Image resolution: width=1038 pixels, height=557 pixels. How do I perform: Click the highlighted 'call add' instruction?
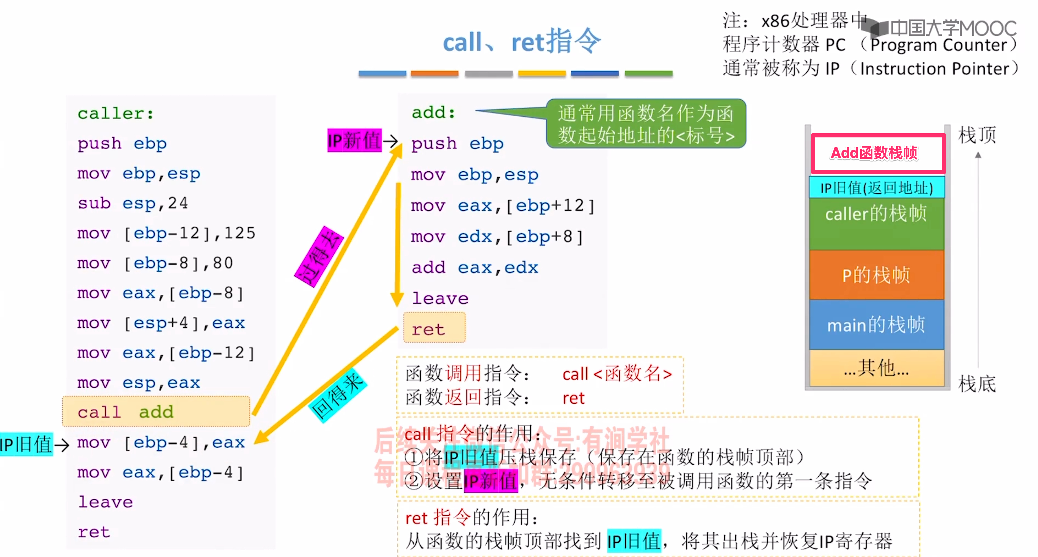pos(155,412)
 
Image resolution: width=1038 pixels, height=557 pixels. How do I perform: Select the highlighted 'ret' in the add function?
pos(434,328)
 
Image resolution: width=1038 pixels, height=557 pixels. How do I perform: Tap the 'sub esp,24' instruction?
pos(133,203)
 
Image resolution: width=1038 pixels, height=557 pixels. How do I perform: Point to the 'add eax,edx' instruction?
pos(474,267)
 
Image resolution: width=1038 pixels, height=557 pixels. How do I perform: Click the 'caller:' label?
pos(115,113)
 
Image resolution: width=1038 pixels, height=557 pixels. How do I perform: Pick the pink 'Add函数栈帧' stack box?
pos(878,153)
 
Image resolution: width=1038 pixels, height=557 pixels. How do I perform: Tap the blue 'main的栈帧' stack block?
pos(876,325)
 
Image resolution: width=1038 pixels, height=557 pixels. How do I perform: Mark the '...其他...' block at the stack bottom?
pos(876,367)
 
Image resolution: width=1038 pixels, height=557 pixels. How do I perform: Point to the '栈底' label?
pos(977,384)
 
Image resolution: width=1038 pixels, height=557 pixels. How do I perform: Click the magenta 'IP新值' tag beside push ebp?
pos(354,140)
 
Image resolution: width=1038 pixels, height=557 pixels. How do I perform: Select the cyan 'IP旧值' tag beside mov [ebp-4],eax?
pos(26,444)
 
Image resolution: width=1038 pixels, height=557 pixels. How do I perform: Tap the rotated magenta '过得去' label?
pos(319,257)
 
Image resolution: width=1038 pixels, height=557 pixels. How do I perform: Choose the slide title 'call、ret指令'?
pos(521,41)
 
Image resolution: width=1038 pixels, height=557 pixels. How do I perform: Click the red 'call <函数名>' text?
pos(616,374)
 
